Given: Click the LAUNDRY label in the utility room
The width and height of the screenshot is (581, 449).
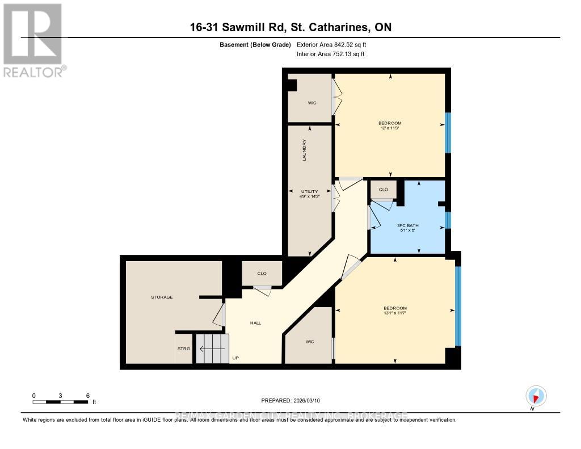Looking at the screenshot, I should pyautogui.click(x=304, y=150).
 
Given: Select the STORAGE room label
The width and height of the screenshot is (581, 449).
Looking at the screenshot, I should pyautogui.click(x=162, y=297).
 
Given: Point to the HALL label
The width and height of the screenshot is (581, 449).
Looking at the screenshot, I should pyautogui.click(x=255, y=323).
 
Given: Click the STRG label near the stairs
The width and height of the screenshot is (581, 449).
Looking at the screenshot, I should pyautogui.click(x=184, y=349).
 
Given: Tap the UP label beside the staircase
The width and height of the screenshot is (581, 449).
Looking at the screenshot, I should pyautogui.click(x=235, y=358).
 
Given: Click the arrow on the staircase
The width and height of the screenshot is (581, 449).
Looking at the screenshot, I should pyautogui.click(x=211, y=349).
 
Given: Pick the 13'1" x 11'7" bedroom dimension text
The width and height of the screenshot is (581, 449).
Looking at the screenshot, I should pyautogui.click(x=395, y=313).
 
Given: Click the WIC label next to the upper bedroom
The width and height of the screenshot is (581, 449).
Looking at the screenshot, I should pyautogui.click(x=312, y=103).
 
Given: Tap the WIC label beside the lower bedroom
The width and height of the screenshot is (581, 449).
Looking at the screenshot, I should pyautogui.click(x=309, y=342).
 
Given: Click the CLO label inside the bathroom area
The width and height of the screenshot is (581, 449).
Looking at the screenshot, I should pyautogui.click(x=383, y=190).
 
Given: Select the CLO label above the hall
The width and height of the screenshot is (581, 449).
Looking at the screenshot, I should pyautogui.click(x=262, y=274).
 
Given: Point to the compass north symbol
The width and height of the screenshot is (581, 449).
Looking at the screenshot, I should pyautogui.click(x=536, y=396).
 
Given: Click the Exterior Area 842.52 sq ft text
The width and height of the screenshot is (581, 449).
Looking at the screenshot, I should pyautogui.click(x=335, y=44).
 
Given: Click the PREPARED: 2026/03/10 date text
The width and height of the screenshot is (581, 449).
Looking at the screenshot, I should pyautogui.click(x=290, y=401).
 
